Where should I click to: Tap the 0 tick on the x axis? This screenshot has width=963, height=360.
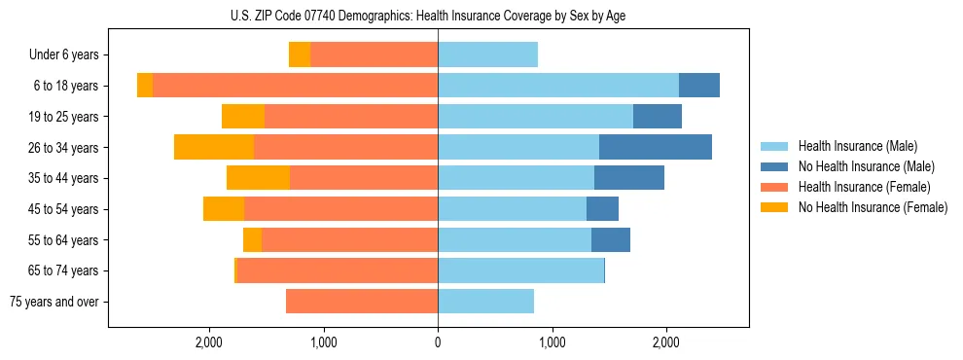(438, 342)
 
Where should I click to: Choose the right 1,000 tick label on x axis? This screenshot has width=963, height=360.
(552, 342)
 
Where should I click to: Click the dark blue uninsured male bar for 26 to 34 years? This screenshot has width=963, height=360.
(655, 147)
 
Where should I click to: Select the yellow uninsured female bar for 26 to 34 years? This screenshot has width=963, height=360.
(214, 147)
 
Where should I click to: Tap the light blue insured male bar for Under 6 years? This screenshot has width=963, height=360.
(487, 54)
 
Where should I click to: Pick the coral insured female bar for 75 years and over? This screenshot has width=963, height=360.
(362, 302)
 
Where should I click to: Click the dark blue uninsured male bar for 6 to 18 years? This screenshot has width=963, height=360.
(698, 86)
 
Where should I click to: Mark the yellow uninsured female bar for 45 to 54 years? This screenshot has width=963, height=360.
(224, 209)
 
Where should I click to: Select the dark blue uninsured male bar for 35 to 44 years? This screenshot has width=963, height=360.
(628, 178)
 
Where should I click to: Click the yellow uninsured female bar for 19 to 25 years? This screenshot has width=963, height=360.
(243, 117)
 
